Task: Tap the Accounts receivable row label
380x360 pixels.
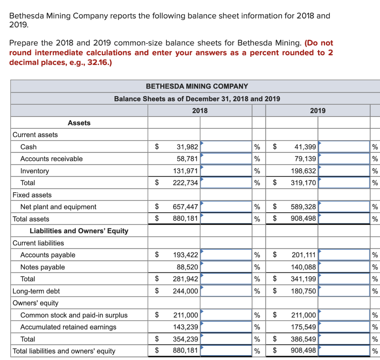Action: [x=51, y=159]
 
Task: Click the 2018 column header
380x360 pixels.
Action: [x=200, y=111]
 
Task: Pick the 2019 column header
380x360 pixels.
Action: [x=318, y=111]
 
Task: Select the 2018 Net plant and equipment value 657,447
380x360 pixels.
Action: [x=186, y=207]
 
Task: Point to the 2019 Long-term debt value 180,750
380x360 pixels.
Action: [x=304, y=291]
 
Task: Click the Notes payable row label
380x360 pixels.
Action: [x=42, y=267]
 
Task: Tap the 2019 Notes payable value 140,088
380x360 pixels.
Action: [x=304, y=267]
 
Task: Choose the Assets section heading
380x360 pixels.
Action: [x=79, y=123]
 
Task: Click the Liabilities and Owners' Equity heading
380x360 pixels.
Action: [x=79, y=231]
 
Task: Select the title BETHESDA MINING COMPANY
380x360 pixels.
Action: [x=197, y=86]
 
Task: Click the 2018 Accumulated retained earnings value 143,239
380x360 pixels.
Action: [x=186, y=327]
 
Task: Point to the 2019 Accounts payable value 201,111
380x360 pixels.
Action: [x=304, y=255]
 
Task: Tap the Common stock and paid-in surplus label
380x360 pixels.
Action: [x=73, y=315]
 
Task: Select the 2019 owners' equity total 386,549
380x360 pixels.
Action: [x=304, y=339]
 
